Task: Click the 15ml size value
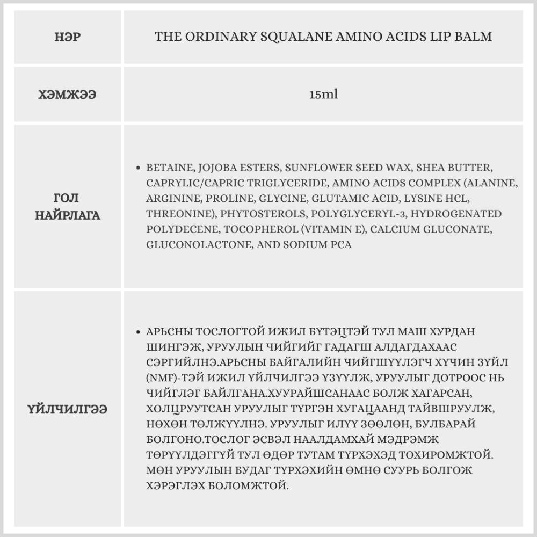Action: point(323,95)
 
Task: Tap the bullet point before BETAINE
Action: point(140,168)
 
